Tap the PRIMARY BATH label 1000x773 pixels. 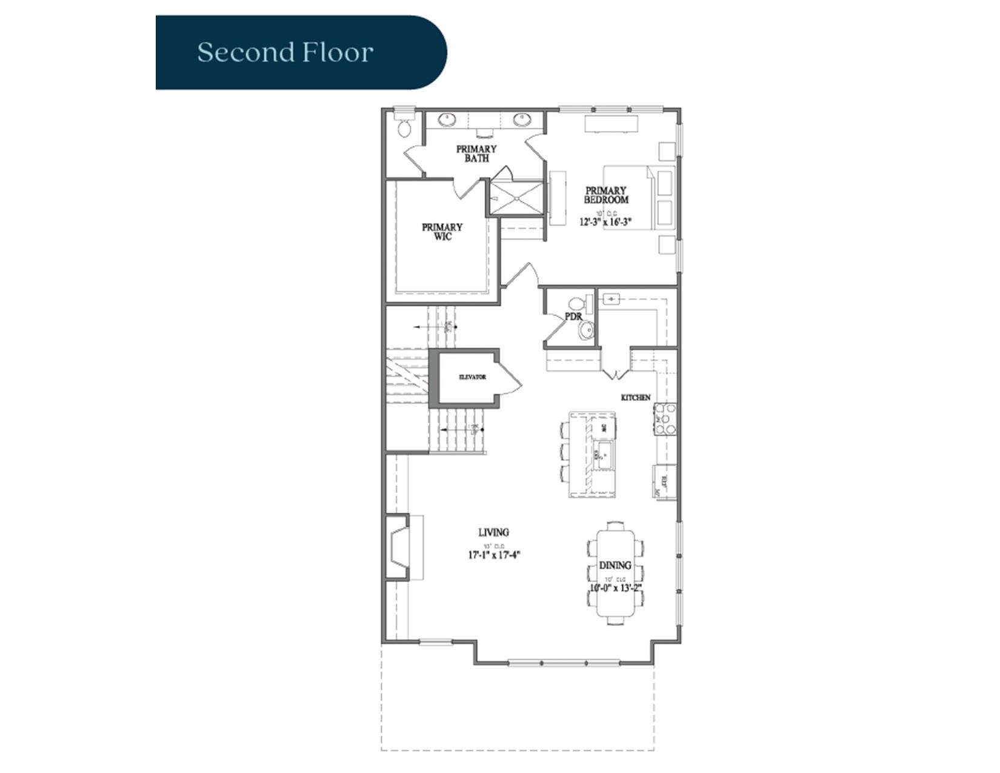pos(476,153)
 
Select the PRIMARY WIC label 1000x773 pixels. pos(442,232)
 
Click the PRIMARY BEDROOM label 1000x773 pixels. pos(605,195)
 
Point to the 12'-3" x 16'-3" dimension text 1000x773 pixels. pos(605,222)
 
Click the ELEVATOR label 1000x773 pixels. pos(472,377)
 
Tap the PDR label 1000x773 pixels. pos(573,316)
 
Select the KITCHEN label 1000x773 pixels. pos(635,398)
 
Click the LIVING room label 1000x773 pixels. pos(493,532)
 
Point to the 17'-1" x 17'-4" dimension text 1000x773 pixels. pos(494,554)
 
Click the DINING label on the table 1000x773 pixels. pos(615,565)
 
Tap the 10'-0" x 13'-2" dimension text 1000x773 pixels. pos(615,587)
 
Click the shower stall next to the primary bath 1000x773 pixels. pos(516,198)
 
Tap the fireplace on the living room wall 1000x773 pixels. pos(399,547)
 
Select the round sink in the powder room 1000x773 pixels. pos(586,330)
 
